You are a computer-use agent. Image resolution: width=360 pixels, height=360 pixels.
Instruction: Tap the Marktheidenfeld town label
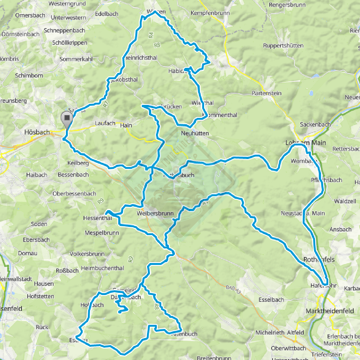(330, 311)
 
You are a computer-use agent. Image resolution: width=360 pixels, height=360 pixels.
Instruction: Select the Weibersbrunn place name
(155, 214)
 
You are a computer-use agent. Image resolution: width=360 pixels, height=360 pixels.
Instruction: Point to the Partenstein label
(267, 93)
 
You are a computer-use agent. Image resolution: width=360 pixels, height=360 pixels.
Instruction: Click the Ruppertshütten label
(283, 46)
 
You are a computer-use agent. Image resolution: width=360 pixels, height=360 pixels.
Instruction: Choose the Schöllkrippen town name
(70, 43)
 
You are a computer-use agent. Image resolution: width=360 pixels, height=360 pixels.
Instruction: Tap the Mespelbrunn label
(102, 233)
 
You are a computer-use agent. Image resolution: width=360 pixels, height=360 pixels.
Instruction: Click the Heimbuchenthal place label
(102, 268)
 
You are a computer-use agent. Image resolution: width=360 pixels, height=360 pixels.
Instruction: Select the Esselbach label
(271, 300)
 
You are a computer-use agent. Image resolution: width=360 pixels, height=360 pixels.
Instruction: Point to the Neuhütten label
(195, 133)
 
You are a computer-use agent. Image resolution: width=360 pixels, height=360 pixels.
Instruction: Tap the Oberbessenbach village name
(74, 194)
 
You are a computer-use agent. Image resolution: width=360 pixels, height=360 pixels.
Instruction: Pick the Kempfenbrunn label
(210, 13)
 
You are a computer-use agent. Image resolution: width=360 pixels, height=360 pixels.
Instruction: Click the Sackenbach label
(315, 125)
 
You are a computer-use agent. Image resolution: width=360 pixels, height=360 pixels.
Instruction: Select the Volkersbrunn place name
(87, 254)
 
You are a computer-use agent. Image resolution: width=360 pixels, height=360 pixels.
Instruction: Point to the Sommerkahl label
(76, 59)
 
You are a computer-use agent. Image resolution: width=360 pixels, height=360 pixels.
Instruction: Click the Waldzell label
(345, 201)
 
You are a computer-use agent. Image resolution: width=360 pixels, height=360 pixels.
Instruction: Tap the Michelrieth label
(270, 333)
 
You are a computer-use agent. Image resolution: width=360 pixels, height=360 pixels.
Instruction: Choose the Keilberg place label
(78, 163)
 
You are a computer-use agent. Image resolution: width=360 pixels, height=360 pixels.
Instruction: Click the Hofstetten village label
(40, 296)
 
